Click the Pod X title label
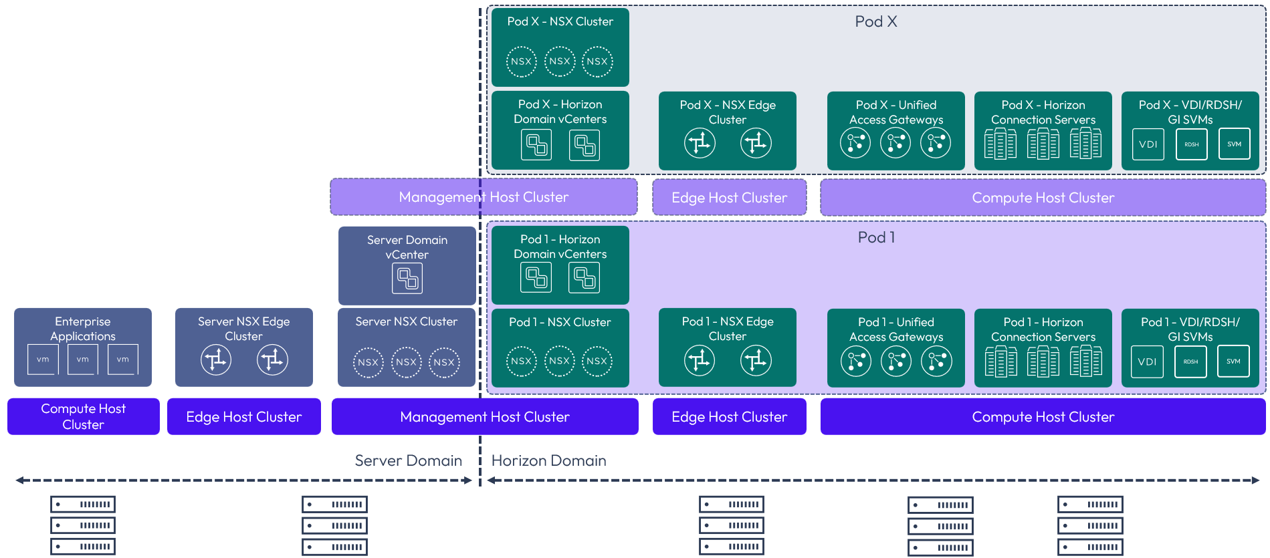pos(875,22)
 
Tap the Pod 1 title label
pos(876,238)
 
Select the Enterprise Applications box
pos(83,347)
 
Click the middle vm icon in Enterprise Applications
pos(83,360)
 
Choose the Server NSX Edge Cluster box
pos(243,347)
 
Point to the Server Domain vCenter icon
pos(407,279)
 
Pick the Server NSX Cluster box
pos(407,347)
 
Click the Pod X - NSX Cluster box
pos(560,47)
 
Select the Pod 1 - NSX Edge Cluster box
pos(728,347)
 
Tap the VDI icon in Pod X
pos(1148,144)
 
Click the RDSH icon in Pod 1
pos(1190,362)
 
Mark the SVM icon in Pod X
pos(1234,144)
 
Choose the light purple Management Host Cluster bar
pos(484,197)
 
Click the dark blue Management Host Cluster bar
pos(485,417)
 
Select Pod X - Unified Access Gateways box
pos(895,130)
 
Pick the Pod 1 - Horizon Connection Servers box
pos(1043,347)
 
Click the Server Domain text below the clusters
pos(408,461)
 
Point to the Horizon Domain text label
pos(548,461)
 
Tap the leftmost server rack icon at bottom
pos(83,525)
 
